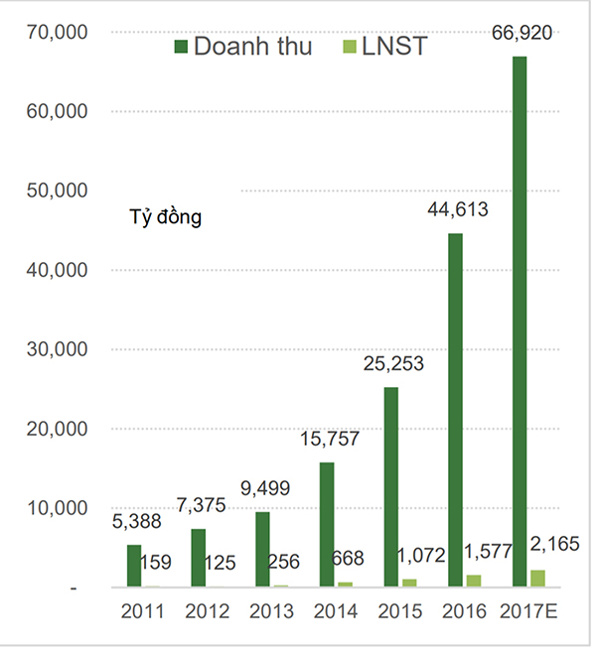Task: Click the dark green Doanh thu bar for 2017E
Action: pyautogui.click(x=521, y=323)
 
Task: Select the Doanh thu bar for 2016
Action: pyautogui.click(x=456, y=411)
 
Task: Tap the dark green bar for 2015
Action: pyautogui.click(x=391, y=487)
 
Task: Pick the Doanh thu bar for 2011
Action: pyautogui.click(x=134, y=566)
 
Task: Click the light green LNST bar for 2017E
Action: pyautogui.click(x=537, y=579)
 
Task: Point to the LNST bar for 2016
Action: pyautogui.click(x=473, y=581)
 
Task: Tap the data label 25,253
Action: pyautogui.click(x=392, y=364)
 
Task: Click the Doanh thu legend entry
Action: pyautogui.click(x=243, y=46)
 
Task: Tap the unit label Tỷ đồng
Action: pyautogui.click(x=166, y=216)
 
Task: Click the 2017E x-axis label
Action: pyautogui.click(x=530, y=611)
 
